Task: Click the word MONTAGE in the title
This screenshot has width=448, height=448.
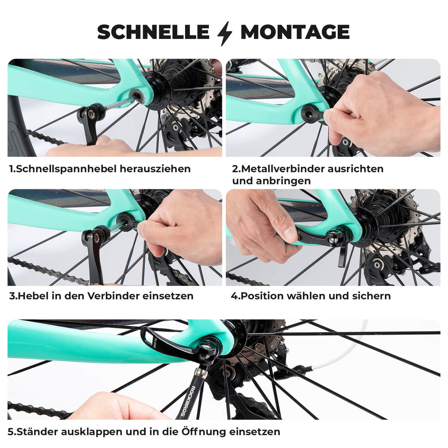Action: (x=295, y=32)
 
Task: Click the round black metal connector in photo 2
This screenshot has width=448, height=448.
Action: (x=311, y=114)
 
